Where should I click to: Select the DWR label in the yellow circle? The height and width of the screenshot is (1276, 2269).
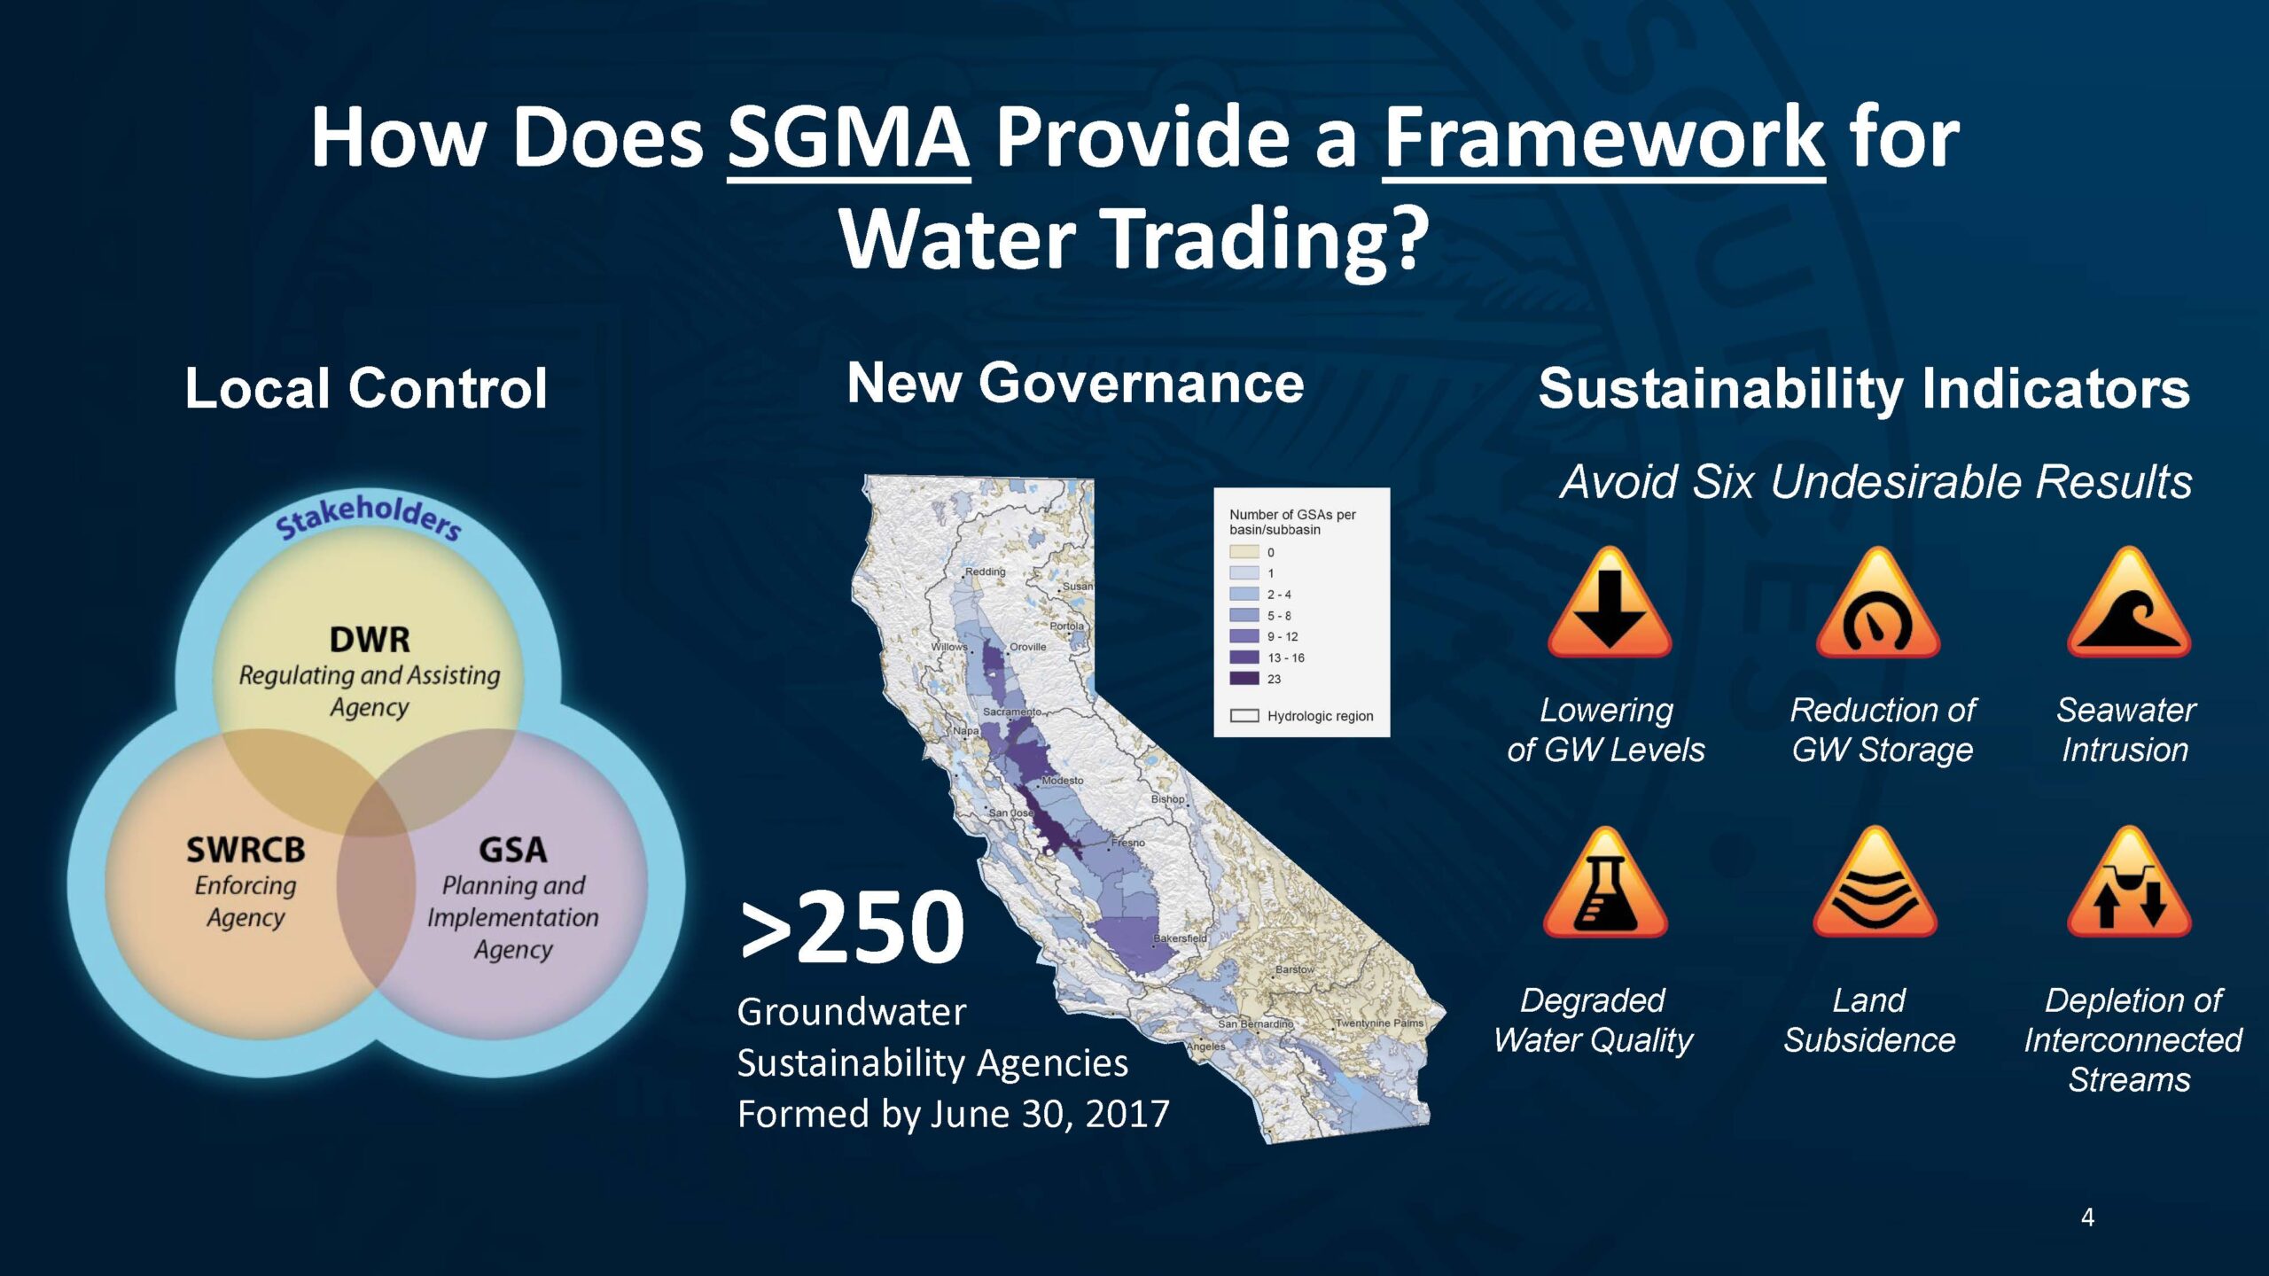370,639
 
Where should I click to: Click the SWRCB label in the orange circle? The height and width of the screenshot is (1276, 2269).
246,850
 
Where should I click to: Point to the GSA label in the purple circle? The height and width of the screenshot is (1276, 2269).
512,850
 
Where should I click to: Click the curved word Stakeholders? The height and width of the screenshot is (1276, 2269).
368,516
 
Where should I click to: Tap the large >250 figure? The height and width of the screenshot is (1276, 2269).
852,927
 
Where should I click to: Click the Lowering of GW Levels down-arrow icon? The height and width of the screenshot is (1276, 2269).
1609,603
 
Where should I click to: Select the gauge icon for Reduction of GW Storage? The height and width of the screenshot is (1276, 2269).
1877,603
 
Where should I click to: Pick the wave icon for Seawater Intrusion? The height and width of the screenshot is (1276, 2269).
2128,603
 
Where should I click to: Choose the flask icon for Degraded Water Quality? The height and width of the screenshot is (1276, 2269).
1605,883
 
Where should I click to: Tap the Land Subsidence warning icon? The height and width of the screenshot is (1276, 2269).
1875,883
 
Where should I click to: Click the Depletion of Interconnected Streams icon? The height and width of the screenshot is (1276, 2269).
2128,883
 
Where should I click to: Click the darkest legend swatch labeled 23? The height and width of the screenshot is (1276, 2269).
1244,679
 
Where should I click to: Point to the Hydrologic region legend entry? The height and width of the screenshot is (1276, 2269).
1301,716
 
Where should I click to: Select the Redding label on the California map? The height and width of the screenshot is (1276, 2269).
985,572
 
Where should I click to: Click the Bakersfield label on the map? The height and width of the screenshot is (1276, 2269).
1180,938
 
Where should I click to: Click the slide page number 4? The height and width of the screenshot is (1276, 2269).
2087,1218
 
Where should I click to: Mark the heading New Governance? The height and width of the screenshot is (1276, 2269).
1075,383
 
